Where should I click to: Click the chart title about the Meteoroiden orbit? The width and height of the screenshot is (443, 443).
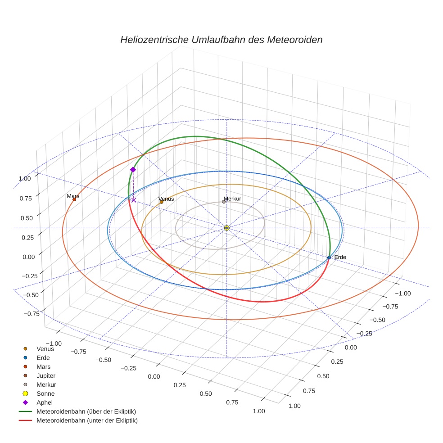pyautogui.click(x=221, y=40)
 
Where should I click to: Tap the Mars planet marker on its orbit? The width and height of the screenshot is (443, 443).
pyautogui.click(x=74, y=199)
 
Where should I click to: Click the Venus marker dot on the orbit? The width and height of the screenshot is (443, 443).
pyautogui.click(x=162, y=202)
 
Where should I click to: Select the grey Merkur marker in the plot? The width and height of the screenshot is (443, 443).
pyautogui.click(x=224, y=202)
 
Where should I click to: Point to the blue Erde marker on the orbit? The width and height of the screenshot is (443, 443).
pyautogui.click(x=329, y=258)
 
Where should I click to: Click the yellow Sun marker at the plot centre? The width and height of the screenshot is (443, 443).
pyautogui.click(x=227, y=228)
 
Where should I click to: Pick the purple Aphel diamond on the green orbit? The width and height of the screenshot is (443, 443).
pyautogui.click(x=133, y=170)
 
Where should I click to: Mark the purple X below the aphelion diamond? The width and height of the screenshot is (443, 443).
pyautogui.click(x=134, y=200)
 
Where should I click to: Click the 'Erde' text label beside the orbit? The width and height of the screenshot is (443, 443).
pyautogui.click(x=340, y=257)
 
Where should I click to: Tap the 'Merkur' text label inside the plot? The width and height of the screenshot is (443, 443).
pyautogui.click(x=232, y=199)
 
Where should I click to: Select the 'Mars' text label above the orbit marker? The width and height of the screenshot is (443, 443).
pyautogui.click(x=73, y=196)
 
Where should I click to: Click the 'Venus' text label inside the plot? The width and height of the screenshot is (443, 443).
pyautogui.click(x=166, y=199)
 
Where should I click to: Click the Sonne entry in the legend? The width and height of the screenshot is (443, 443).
pyautogui.click(x=45, y=393)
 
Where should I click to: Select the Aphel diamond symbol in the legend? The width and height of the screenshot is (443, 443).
pyautogui.click(x=26, y=402)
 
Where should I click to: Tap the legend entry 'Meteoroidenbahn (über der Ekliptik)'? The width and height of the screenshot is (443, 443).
pyautogui.click(x=86, y=411)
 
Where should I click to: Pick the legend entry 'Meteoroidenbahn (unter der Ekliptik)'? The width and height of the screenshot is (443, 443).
pyautogui.click(x=87, y=420)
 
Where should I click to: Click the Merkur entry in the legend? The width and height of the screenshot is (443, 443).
pyautogui.click(x=46, y=384)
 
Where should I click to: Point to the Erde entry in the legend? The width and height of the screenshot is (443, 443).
pyautogui.click(x=43, y=357)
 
